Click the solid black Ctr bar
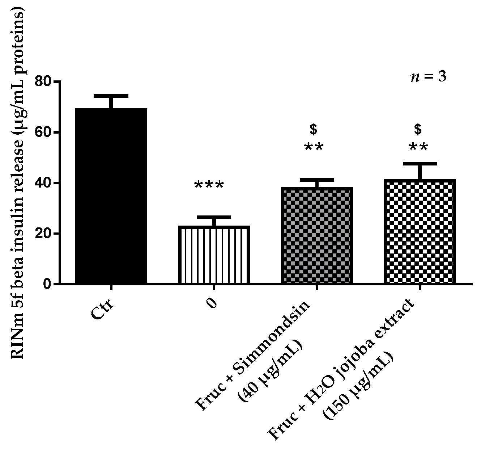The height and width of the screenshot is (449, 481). tap(111, 196)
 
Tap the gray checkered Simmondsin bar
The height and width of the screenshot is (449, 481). tap(317, 235)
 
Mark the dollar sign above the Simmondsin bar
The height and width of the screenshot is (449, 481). tap(314, 129)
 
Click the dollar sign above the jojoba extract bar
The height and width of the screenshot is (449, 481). tap(418, 129)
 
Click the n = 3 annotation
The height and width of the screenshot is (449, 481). tap(429, 77)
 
